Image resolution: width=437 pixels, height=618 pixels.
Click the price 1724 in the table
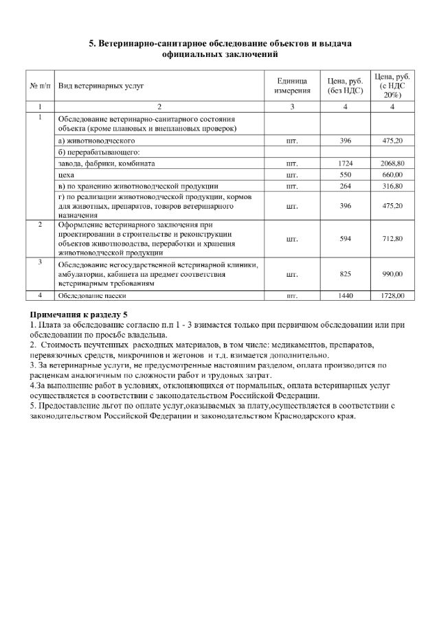345,164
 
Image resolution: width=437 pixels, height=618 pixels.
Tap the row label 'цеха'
66,175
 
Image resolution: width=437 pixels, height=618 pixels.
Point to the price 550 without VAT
345,175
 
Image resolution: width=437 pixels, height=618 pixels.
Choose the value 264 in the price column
345,186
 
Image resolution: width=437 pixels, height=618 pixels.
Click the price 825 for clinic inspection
345,274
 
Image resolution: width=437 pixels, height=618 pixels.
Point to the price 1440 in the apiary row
345,295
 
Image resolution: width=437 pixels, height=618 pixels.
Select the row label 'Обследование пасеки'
91,295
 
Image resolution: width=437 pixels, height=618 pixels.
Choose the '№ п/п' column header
40,86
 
